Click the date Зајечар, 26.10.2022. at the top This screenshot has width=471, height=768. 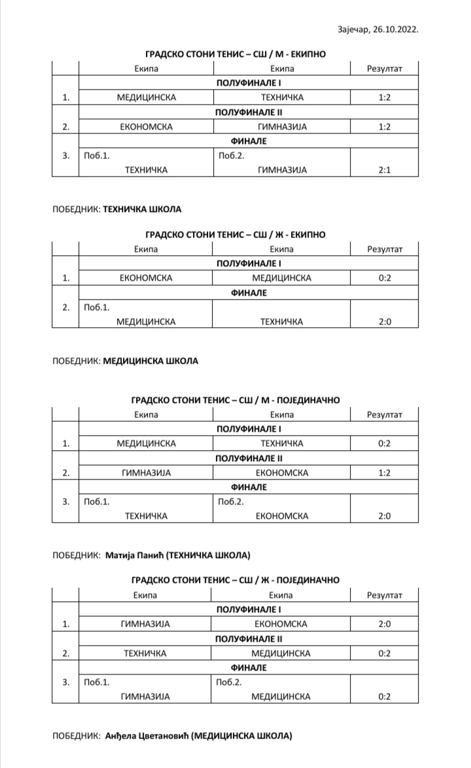[x=377, y=30]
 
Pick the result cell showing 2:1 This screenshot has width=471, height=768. [x=384, y=170]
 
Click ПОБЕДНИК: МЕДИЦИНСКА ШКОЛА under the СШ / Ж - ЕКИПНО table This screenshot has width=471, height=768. [x=124, y=360]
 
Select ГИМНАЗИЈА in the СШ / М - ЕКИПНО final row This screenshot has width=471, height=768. [x=282, y=170]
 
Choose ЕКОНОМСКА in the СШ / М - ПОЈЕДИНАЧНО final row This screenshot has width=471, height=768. [x=282, y=516]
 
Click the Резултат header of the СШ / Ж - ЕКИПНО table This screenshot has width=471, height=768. [x=384, y=249]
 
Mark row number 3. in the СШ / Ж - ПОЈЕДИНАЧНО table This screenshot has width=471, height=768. [x=65, y=682]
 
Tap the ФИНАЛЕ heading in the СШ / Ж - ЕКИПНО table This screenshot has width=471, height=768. [x=248, y=293]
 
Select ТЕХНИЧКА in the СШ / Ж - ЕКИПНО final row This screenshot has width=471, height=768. [x=282, y=321]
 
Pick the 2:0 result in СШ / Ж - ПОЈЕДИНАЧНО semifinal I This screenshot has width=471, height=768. [x=384, y=623]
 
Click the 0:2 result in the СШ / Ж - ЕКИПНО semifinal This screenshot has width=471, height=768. [x=384, y=278]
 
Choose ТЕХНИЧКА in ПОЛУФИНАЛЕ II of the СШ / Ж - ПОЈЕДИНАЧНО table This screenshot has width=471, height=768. [x=145, y=653]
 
